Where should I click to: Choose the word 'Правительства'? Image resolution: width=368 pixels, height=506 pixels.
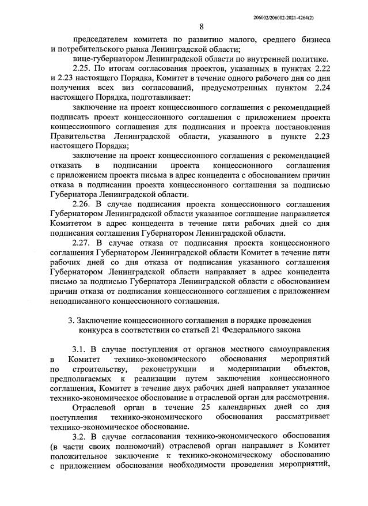78,136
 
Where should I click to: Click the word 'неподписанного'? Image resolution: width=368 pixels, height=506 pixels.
84,300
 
